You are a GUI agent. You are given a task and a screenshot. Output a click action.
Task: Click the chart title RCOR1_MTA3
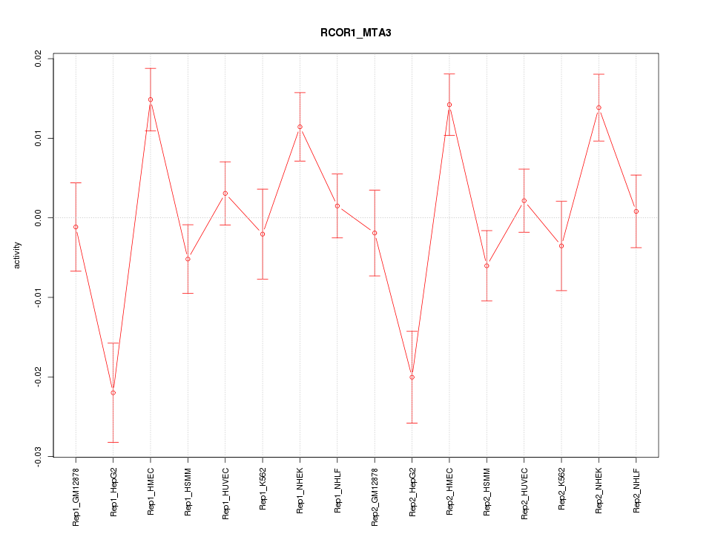coord(355,33)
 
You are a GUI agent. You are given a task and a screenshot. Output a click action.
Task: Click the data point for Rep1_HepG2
coord(113,392)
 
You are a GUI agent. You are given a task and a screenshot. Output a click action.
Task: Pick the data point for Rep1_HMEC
coord(151,99)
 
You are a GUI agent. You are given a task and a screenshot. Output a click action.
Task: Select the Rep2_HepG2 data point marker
coord(412,378)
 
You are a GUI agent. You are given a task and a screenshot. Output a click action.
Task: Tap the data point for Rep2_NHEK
coord(599,108)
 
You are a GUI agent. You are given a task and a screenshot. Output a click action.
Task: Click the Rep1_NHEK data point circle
coord(300,127)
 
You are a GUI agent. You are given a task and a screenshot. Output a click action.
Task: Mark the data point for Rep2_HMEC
coord(449,105)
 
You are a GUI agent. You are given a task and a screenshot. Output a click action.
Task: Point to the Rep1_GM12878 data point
coord(76,227)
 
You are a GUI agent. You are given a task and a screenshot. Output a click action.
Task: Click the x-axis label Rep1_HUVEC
coord(225,490)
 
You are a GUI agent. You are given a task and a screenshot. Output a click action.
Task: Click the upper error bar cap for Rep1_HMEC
coord(151,68)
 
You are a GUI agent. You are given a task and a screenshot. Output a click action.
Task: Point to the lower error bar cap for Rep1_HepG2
coord(113,442)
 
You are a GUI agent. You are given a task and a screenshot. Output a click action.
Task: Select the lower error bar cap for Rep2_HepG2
coord(412,423)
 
